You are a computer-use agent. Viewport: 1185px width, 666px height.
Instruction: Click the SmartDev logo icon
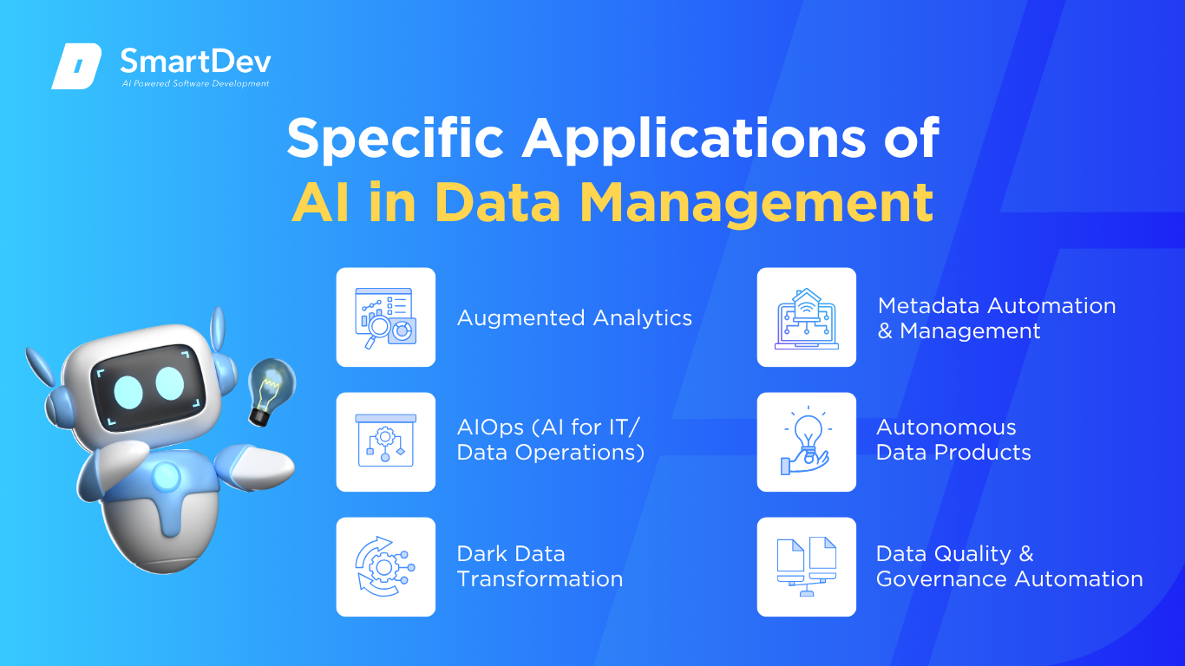click(x=76, y=66)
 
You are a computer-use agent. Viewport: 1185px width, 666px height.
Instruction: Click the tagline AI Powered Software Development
click(x=196, y=83)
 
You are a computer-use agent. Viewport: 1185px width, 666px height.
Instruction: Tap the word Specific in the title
click(x=396, y=139)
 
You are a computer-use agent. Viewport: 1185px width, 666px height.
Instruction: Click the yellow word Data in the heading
click(x=497, y=202)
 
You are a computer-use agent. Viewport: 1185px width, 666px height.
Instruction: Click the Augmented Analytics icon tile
click(x=386, y=317)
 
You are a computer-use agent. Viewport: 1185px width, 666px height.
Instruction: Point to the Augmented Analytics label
click(x=574, y=318)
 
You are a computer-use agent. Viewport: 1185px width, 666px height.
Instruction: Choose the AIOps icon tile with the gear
click(x=386, y=441)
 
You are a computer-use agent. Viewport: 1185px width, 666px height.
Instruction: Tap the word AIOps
click(x=490, y=428)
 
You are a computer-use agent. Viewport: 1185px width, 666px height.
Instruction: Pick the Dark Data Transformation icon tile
click(x=386, y=566)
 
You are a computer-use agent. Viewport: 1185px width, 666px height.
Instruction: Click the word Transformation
click(x=540, y=578)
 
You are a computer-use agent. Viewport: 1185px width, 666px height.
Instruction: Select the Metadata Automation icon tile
click(x=806, y=317)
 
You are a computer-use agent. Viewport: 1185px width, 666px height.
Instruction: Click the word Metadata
click(x=928, y=306)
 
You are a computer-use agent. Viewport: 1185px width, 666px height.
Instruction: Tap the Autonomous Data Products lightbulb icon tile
click(x=806, y=441)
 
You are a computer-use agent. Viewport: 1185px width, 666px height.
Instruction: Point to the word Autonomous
click(x=946, y=428)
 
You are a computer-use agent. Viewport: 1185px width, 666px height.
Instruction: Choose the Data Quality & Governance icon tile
click(x=806, y=566)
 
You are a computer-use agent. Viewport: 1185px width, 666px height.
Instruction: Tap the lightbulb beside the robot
click(x=272, y=391)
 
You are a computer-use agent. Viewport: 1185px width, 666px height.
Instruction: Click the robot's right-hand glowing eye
click(x=170, y=383)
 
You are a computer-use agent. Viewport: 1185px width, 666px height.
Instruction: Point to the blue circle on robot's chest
click(x=167, y=475)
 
